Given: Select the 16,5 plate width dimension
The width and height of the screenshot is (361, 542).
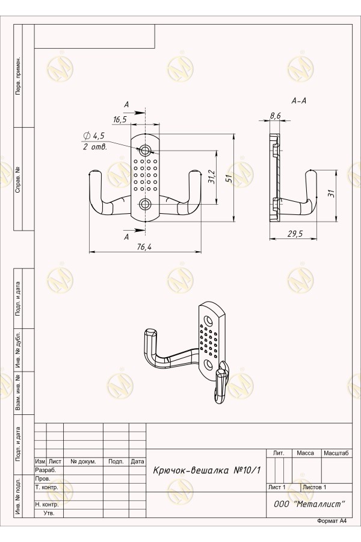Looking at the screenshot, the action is [x=120, y=120].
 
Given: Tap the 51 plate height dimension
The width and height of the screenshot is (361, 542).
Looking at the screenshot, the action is [x=229, y=178].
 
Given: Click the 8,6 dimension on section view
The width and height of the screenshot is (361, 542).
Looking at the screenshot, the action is [x=276, y=116].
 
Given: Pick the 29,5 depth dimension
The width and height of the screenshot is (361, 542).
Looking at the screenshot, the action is [x=295, y=234].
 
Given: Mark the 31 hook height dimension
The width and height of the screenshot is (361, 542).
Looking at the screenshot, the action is [x=332, y=193].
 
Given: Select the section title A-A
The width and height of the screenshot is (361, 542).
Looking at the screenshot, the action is [x=299, y=101].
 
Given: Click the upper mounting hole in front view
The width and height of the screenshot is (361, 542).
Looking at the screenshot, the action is [x=145, y=150].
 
